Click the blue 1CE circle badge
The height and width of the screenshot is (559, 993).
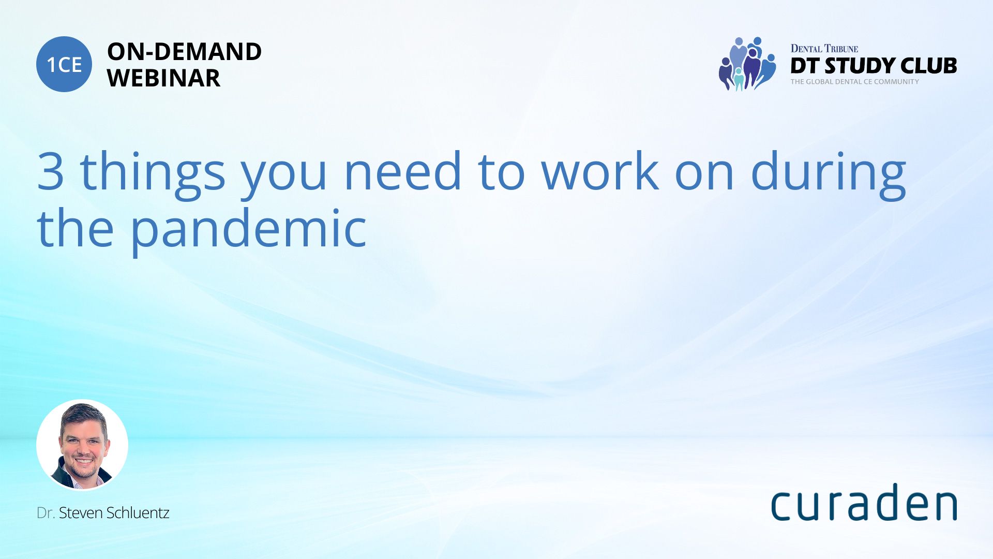pos(64,64)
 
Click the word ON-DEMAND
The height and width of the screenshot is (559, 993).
pos(185,52)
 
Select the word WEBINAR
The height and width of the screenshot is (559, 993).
pos(164,78)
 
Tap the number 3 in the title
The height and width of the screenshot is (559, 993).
pos(51,170)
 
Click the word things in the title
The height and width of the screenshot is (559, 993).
pos(153,174)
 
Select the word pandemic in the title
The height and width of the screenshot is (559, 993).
pos(248,230)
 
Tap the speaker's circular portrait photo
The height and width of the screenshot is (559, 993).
pos(82,445)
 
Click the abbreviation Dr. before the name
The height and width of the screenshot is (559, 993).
pos(46,512)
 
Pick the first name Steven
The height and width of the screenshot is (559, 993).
pos(81,512)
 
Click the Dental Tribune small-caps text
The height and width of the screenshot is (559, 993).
pos(824,49)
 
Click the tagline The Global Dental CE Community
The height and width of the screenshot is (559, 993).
pos(855,82)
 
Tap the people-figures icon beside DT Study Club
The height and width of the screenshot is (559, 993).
pos(747,64)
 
